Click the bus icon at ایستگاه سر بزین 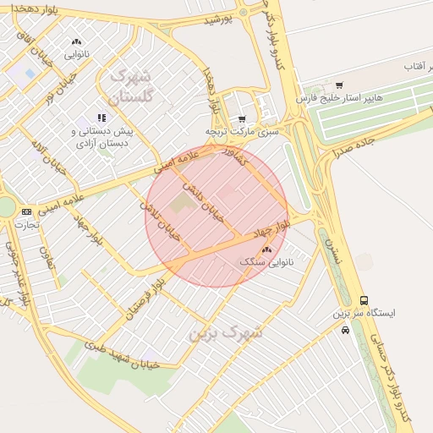pos(364,300)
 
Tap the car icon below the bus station pos(345,330)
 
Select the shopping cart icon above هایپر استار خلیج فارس pos(339,85)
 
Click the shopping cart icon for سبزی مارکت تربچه pos(242,119)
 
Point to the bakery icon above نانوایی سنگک pos(267,249)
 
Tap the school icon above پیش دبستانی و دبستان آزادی pos(101,118)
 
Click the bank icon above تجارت pos(26,211)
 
